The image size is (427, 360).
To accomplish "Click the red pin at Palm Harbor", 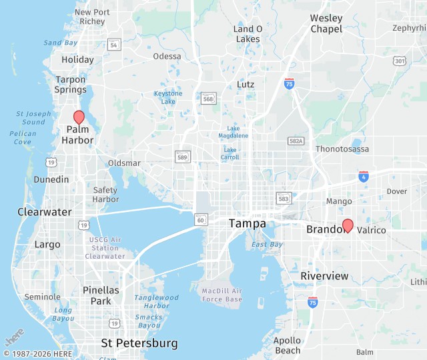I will tap(79, 117).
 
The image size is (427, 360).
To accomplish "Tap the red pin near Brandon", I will tap(347, 225).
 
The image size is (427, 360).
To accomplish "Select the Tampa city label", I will tap(247, 224).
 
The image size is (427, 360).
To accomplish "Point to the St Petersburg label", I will tap(139, 343).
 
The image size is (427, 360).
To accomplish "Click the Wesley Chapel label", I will tap(326, 23).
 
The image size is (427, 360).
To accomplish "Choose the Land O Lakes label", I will tap(248, 34).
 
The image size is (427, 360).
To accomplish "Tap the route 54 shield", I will tap(115, 45).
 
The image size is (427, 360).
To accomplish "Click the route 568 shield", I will tap(209, 98).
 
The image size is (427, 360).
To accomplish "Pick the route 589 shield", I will tap(181, 156).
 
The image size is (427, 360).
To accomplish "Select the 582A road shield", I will tap(296, 141).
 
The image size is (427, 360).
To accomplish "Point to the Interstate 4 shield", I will tap(363, 177).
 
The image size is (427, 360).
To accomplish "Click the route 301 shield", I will tap(400, 61).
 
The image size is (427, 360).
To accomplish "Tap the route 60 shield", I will tap(200, 219).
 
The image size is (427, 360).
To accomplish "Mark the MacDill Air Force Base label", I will tap(222, 295).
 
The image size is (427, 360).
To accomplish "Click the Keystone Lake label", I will tap(168, 97).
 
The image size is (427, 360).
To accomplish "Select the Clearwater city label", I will tap(44, 212).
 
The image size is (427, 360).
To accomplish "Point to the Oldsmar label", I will tap(124, 163).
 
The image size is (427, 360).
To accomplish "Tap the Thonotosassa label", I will tap(342, 149).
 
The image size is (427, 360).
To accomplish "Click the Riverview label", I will tap(324, 276).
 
